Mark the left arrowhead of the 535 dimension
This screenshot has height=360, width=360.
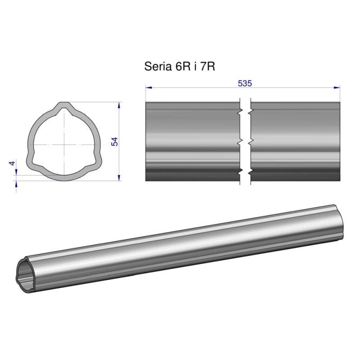[x=148, y=87]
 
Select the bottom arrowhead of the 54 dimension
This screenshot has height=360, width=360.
[x=119, y=178]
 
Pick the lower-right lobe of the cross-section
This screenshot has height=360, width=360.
[x=95, y=161]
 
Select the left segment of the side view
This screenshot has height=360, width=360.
[x=192, y=142]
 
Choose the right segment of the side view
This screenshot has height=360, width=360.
[x=295, y=142]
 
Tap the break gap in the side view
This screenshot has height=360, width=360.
[x=245, y=142]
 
